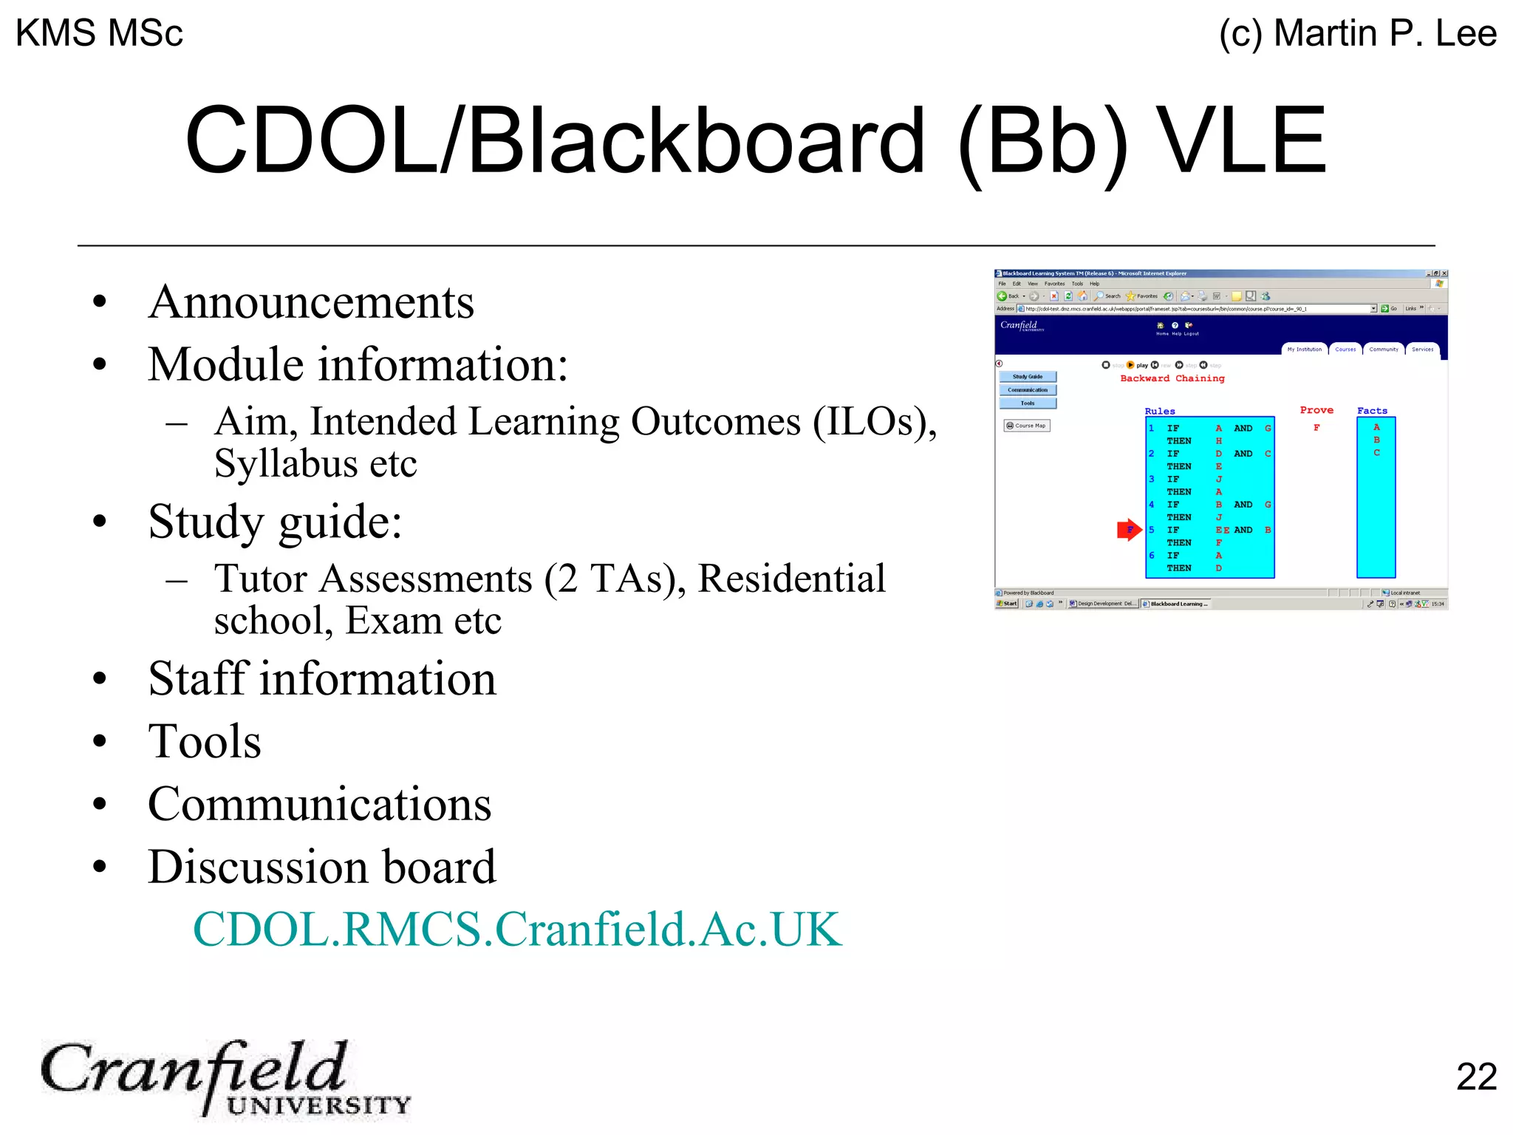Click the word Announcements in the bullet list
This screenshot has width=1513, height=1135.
pos(311,302)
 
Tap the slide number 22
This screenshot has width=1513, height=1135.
pos(1475,1077)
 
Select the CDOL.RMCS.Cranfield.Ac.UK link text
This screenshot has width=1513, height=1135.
pos(516,929)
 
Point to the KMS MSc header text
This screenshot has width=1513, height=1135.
pos(99,33)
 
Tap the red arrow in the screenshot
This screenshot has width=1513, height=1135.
pos(1129,530)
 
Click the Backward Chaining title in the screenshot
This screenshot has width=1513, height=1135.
pos(1172,378)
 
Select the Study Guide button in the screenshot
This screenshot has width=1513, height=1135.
pos(1028,377)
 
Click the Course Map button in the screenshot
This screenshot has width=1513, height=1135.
pos(1027,426)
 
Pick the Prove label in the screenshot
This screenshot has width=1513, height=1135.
pos(1316,410)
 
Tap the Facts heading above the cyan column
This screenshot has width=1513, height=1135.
pos(1372,411)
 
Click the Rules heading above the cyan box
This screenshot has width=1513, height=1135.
pos(1159,412)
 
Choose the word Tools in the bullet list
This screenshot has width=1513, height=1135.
pos(205,741)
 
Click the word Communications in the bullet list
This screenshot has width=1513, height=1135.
pos(319,804)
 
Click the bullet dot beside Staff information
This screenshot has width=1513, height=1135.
pos(100,679)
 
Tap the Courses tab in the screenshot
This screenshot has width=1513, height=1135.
pos(1345,350)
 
